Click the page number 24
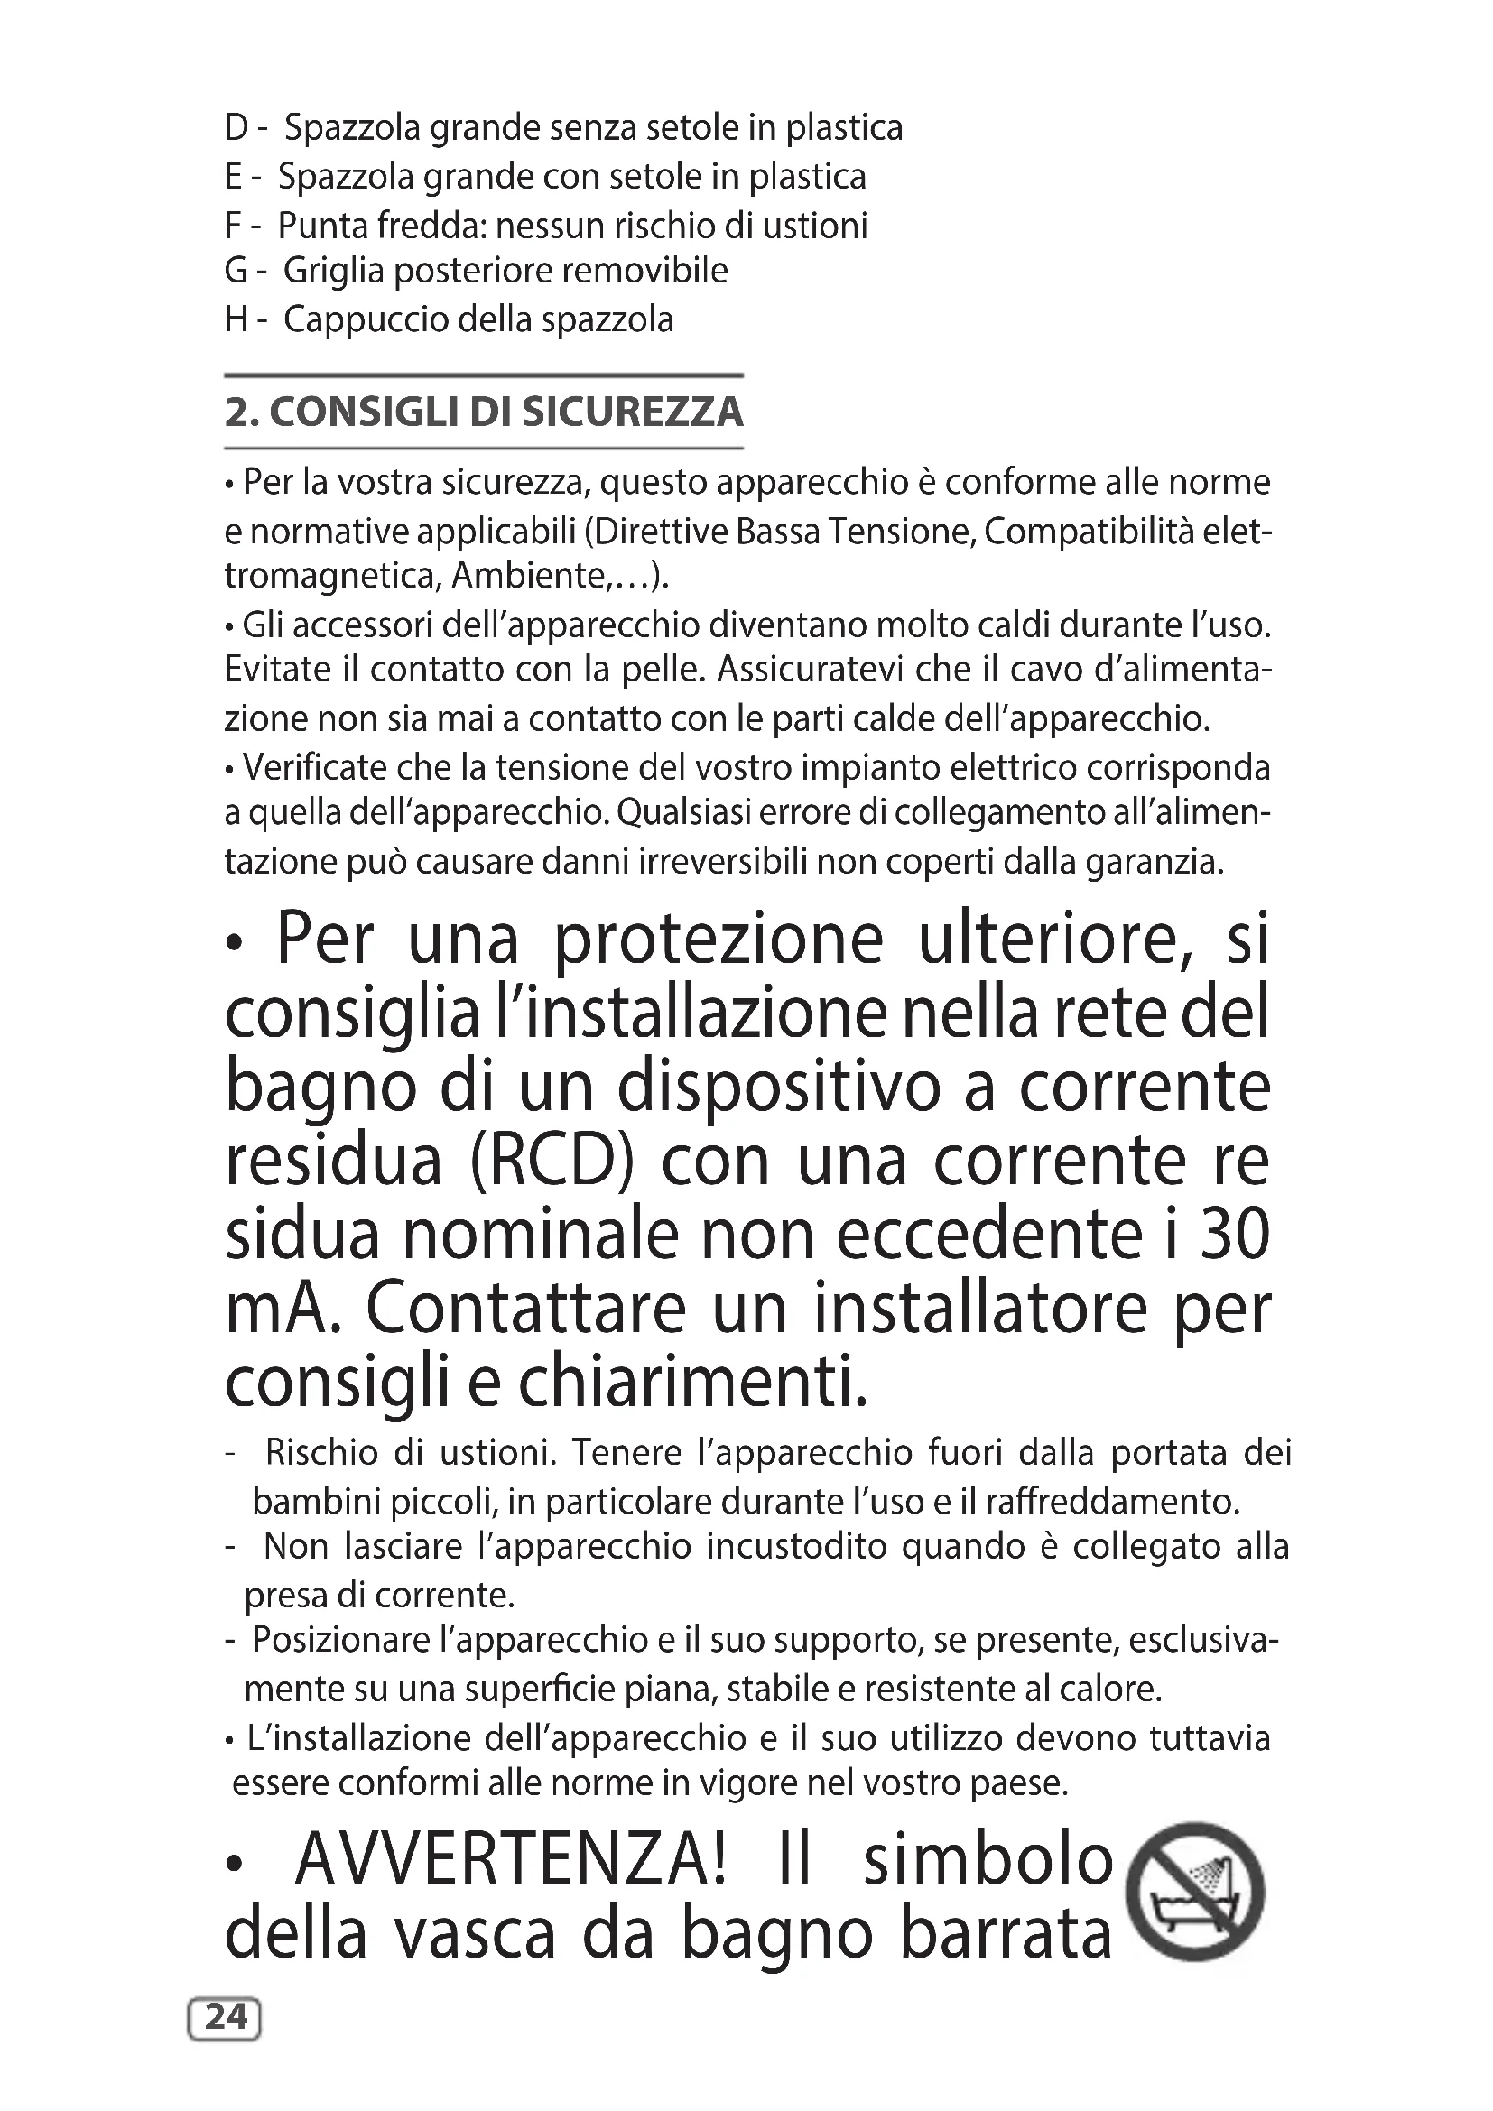226,2016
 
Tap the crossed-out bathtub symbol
1195,1892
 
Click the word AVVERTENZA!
511,1860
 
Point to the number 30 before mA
1235,1235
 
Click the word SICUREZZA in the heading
633,412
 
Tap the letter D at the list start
236,128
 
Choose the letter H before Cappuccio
237,320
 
